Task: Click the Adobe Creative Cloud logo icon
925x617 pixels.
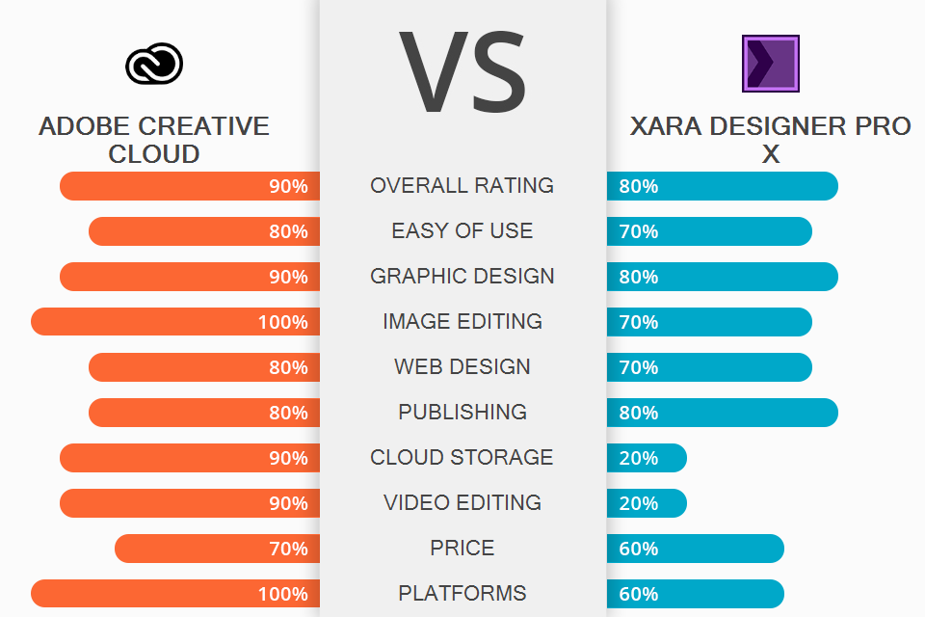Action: (x=154, y=64)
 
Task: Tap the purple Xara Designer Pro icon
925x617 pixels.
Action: (x=770, y=64)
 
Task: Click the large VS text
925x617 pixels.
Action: (x=462, y=73)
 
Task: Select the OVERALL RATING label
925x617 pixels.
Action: (x=462, y=185)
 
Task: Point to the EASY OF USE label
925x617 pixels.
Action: (x=462, y=230)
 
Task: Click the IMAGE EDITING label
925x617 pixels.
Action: (x=462, y=321)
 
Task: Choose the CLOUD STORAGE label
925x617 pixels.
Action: (x=462, y=457)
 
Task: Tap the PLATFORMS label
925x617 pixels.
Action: (x=462, y=593)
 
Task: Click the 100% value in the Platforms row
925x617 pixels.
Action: (x=282, y=594)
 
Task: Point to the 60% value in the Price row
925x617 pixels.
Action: (x=639, y=549)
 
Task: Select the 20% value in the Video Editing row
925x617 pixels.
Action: (x=639, y=503)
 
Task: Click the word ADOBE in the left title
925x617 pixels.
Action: (x=86, y=126)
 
